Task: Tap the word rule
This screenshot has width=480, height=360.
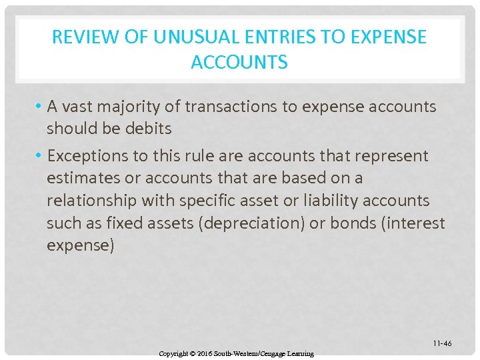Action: [x=203, y=156]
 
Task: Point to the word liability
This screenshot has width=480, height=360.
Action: [x=325, y=201]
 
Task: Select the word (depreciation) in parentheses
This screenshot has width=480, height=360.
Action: [x=250, y=223]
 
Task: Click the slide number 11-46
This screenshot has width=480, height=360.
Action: [x=441, y=343]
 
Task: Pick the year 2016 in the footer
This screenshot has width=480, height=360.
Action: [x=215, y=353]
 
